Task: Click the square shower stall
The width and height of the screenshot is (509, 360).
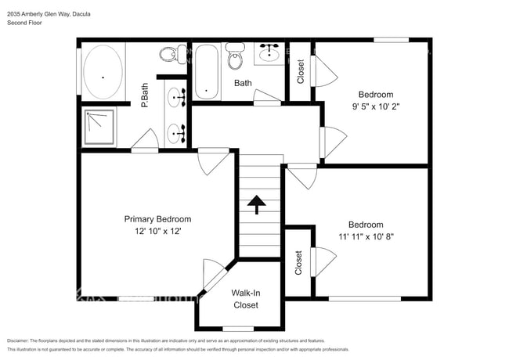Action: [x=99, y=128]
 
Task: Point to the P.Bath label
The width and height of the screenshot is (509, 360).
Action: [x=145, y=95]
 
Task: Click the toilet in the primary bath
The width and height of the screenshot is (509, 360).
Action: [x=167, y=55]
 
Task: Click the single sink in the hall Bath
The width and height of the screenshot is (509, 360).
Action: [x=270, y=52]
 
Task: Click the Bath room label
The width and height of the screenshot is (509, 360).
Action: [x=243, y=82]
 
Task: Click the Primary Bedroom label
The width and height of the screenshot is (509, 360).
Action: [x=157, y=219]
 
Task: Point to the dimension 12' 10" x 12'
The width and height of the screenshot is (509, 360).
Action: [x=157, y=232]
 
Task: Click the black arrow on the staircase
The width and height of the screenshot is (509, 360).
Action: [x=257, y=204]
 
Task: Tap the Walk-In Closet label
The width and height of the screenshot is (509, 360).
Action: [x=245, y=299]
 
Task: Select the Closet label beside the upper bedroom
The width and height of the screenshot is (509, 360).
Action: [x=301, y=72]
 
